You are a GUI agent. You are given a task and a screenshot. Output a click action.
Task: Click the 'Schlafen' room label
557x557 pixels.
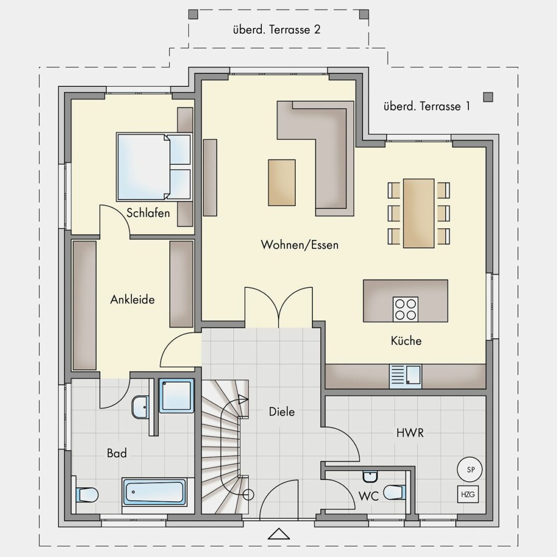[148, 213]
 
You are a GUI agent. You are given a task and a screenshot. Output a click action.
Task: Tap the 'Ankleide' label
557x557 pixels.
[133, 300]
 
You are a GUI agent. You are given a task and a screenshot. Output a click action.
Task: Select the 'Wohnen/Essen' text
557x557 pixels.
[300, 245]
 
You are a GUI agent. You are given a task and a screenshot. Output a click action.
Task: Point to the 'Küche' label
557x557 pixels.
[406, 340]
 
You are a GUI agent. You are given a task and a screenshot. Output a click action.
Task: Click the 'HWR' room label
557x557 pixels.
[410, 433]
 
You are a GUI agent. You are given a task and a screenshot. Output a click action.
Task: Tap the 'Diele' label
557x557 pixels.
[282, 412]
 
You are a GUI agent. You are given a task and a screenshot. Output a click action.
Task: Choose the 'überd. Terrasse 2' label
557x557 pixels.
[277, 29]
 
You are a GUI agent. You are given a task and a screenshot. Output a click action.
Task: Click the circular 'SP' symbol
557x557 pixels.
[470, 469]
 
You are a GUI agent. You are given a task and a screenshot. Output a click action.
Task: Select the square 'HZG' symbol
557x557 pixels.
[468, 494]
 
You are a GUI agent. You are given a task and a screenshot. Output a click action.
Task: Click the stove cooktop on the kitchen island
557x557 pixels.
[405, 309]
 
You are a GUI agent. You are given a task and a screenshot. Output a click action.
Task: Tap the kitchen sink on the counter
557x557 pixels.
[405, 376]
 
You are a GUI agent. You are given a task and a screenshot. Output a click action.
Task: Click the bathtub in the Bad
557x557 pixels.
[154, 492]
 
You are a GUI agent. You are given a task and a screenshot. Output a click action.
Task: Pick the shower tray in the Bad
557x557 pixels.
[177, 395]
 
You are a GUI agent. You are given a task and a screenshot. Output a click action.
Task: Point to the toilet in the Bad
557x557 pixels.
[87, 495]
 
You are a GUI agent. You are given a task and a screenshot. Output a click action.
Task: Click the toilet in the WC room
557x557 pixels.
[394, 492]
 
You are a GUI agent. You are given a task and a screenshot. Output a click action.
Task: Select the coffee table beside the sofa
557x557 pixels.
[282, 183]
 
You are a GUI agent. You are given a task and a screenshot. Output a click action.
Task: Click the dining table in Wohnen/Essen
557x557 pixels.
[419, 213]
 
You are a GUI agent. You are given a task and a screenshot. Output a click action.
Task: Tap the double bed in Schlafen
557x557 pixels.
[154, 167]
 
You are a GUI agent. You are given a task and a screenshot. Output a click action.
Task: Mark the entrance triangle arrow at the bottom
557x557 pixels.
[279, 534]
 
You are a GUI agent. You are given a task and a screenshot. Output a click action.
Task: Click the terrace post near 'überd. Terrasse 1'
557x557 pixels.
[488, 97]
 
